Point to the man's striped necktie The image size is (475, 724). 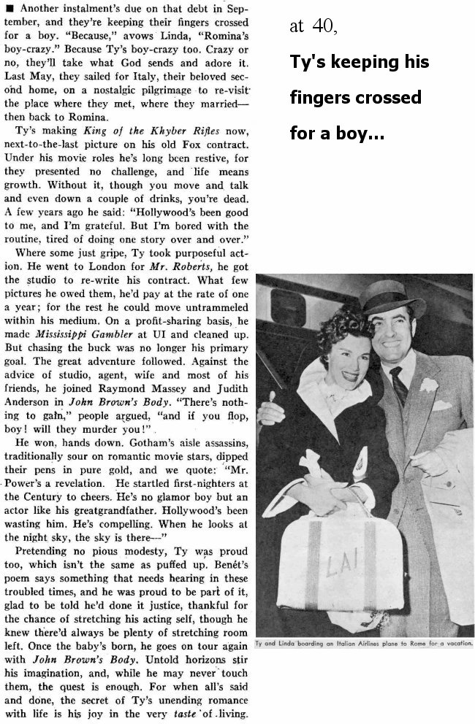pos(399,387)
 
